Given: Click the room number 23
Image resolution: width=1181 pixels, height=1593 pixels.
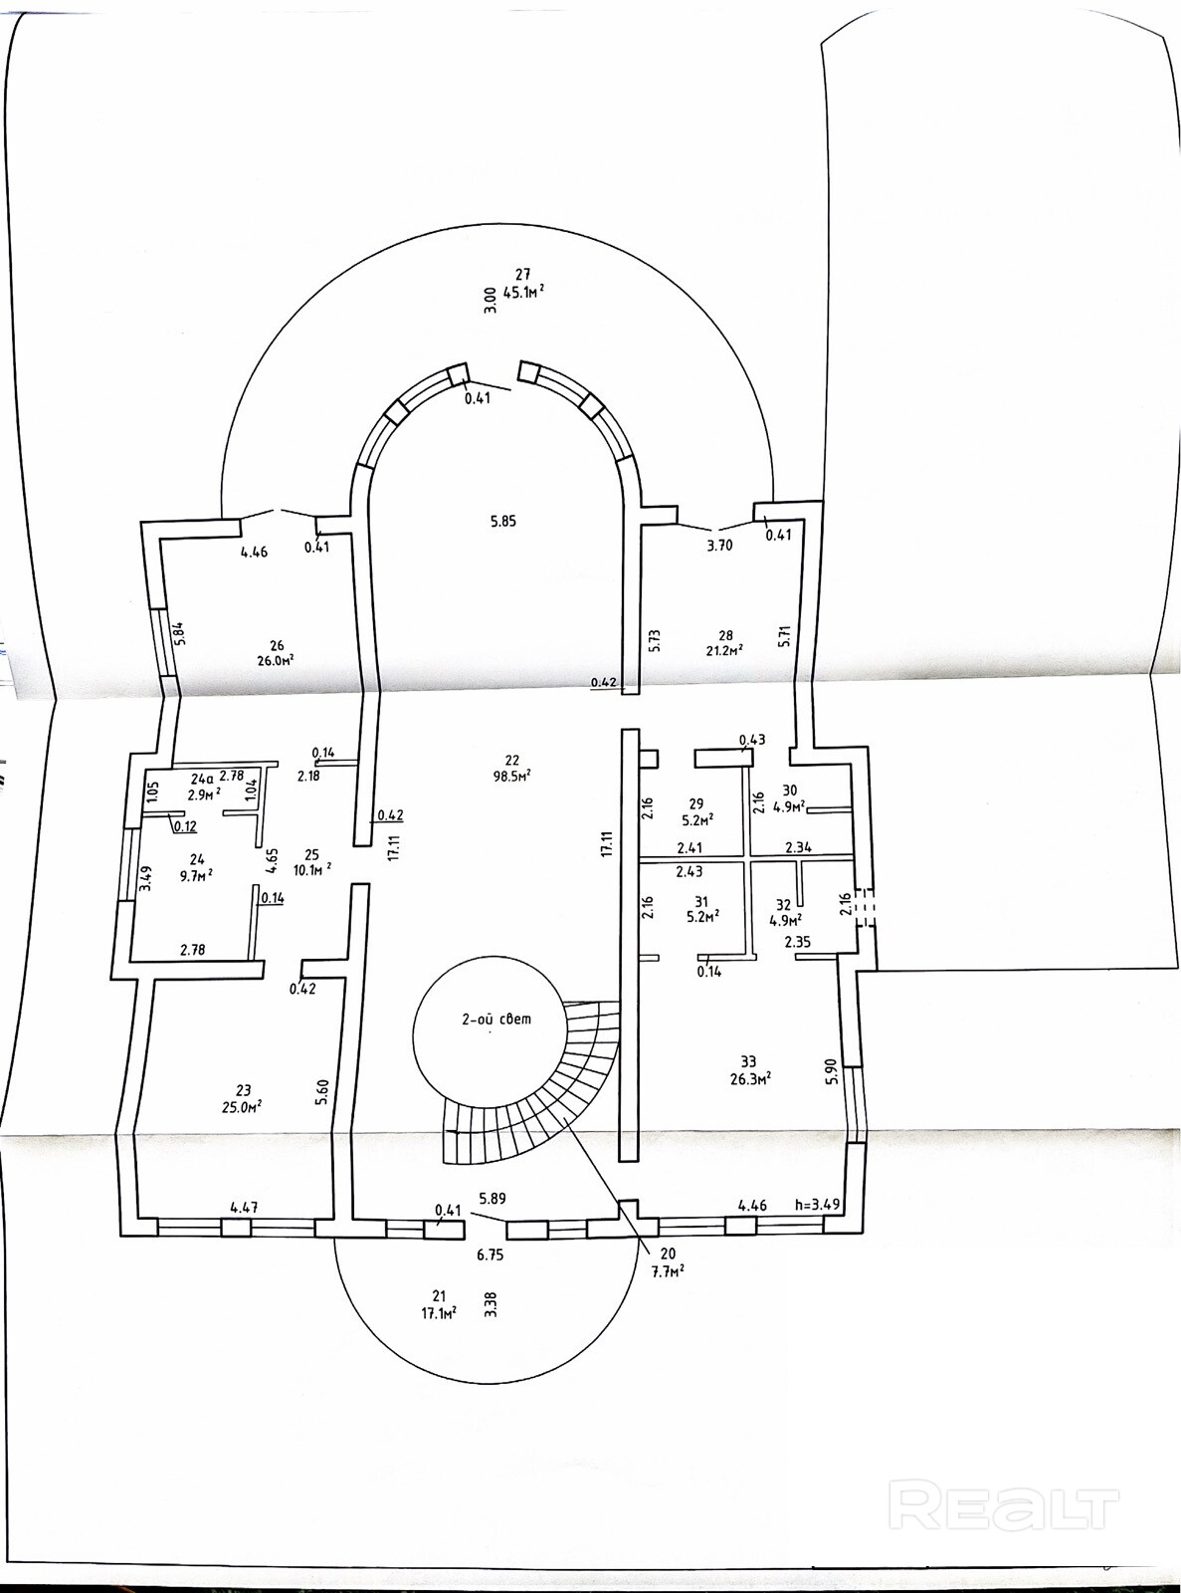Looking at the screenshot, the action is (244, 1089).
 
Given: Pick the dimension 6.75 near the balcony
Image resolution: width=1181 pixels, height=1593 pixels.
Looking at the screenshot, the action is (490, 1254).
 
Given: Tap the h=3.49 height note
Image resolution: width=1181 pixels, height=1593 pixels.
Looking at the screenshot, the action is (817, 1203).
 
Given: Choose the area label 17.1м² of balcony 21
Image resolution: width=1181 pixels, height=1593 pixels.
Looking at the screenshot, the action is (438, 1312).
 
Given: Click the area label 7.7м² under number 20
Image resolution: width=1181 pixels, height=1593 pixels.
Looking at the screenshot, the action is (668, 1271).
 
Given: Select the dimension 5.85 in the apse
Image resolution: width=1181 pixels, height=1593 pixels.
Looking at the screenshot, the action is (503, 521).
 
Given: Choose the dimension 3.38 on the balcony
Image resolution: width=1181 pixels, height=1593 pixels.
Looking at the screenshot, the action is (490, 1304).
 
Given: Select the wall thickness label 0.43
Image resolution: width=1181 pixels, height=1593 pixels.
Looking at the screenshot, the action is (752, 739).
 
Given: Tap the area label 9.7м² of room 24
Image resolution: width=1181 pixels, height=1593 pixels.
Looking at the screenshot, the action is (197, 874).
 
